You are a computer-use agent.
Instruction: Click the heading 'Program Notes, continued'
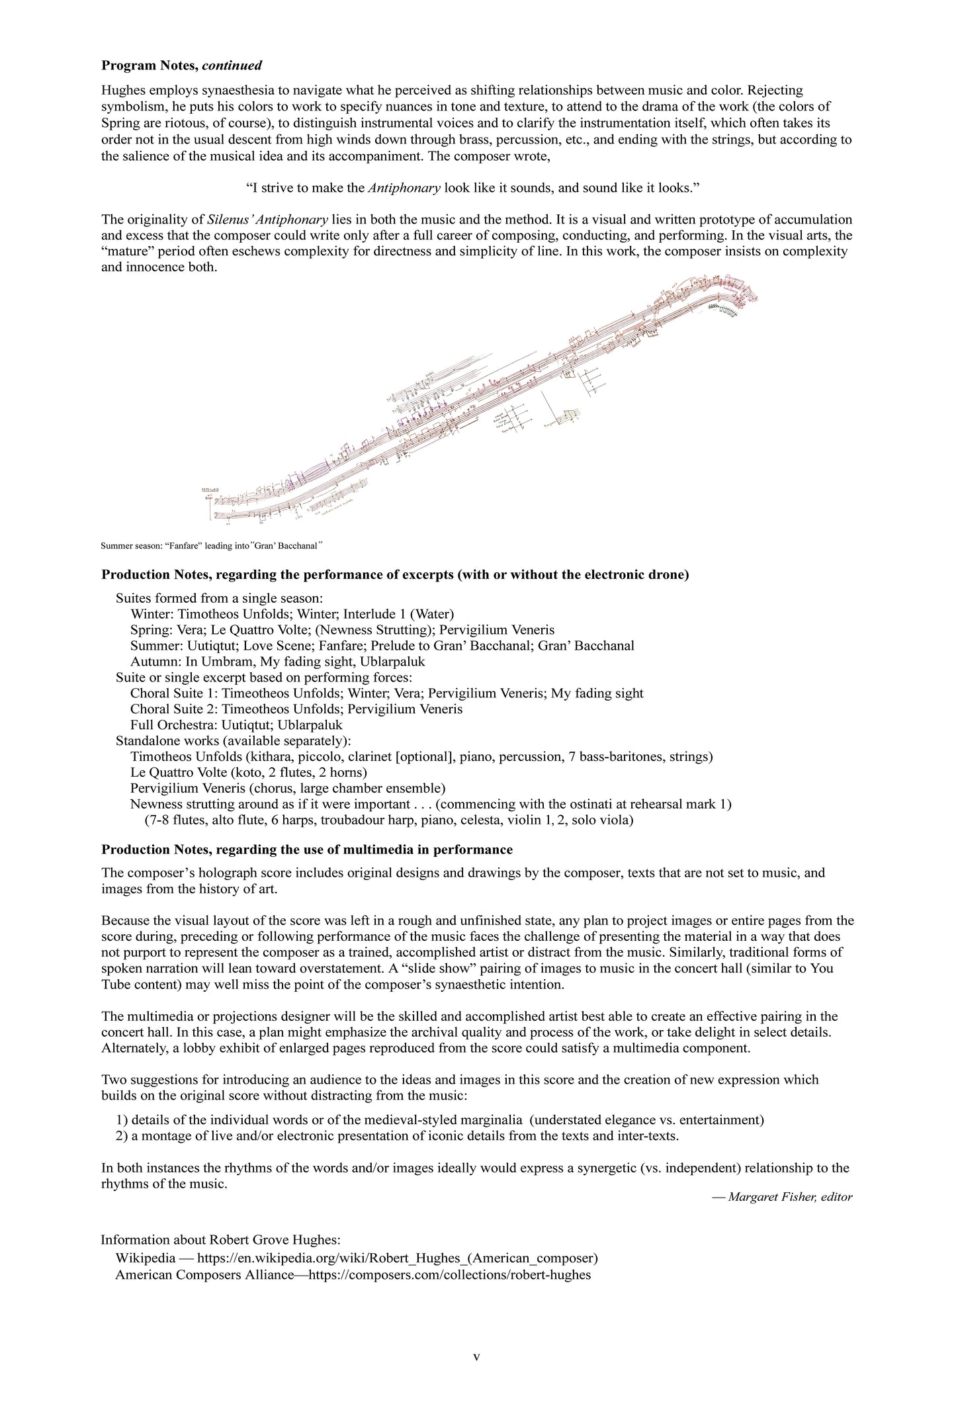(181, 66)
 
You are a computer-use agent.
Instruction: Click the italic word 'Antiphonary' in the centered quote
(404, 188)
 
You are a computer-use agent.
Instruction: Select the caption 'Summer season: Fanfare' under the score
(212, 546)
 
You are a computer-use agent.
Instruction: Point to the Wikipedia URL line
(357, 1257)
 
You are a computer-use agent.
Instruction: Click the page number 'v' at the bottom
(476, 1356)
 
